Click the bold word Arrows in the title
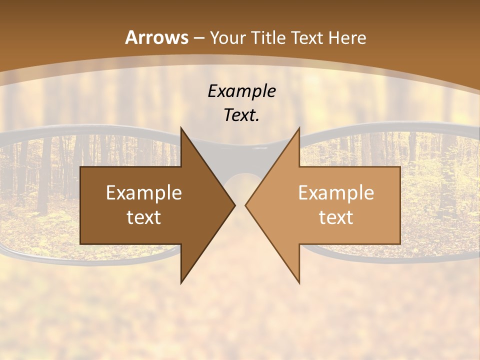click(x=156, y=37)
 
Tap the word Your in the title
click(x=226, y=38)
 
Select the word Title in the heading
click(x=265, y=38)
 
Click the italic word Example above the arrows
click(x=241, y=91)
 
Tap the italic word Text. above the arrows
click(x=241, y=115)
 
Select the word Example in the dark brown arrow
click(x=144, y=192)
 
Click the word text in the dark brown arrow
click(x=144, y=217)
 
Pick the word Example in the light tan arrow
click(x=336, y=192)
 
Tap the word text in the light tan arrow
click(x=336, y=217)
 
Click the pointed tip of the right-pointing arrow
click(x=235, y=205)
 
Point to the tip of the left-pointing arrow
click(x=245, y=205)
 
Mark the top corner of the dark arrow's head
click(x=181, y=128)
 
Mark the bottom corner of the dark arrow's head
click(x=181, y=282)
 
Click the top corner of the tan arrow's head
click(x=299, y=128)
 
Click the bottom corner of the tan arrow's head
click(x=299, y=282)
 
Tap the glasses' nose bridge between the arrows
click(x=240, y=150)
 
